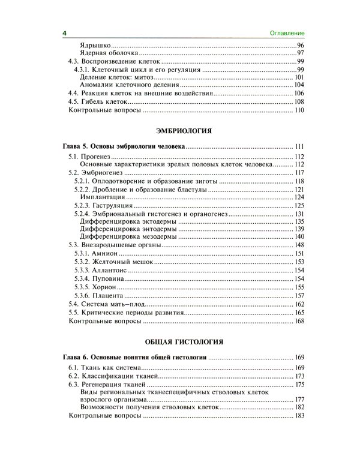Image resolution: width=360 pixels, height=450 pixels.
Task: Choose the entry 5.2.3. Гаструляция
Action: click(x=102, y=206)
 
